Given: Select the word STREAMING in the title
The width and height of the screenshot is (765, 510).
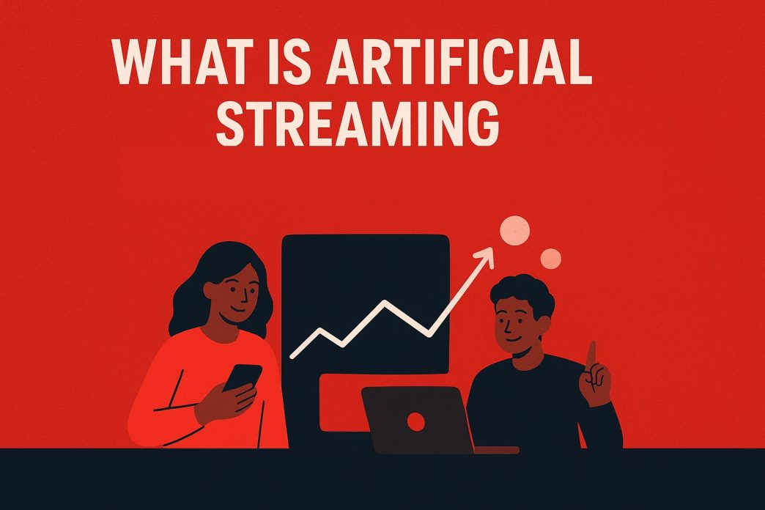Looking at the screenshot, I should (x=358, y=124).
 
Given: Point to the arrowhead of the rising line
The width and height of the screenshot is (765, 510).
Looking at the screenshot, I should (x=484, y=254).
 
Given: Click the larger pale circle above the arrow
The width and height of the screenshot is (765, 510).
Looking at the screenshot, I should (x=514, y=231).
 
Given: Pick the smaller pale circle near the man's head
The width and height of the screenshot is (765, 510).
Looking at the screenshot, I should (x=550, y=257).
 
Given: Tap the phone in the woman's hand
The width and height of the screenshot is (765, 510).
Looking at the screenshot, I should (x=242, y=377).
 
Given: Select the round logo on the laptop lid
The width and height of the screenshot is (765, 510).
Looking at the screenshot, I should (x=416, y=421).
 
